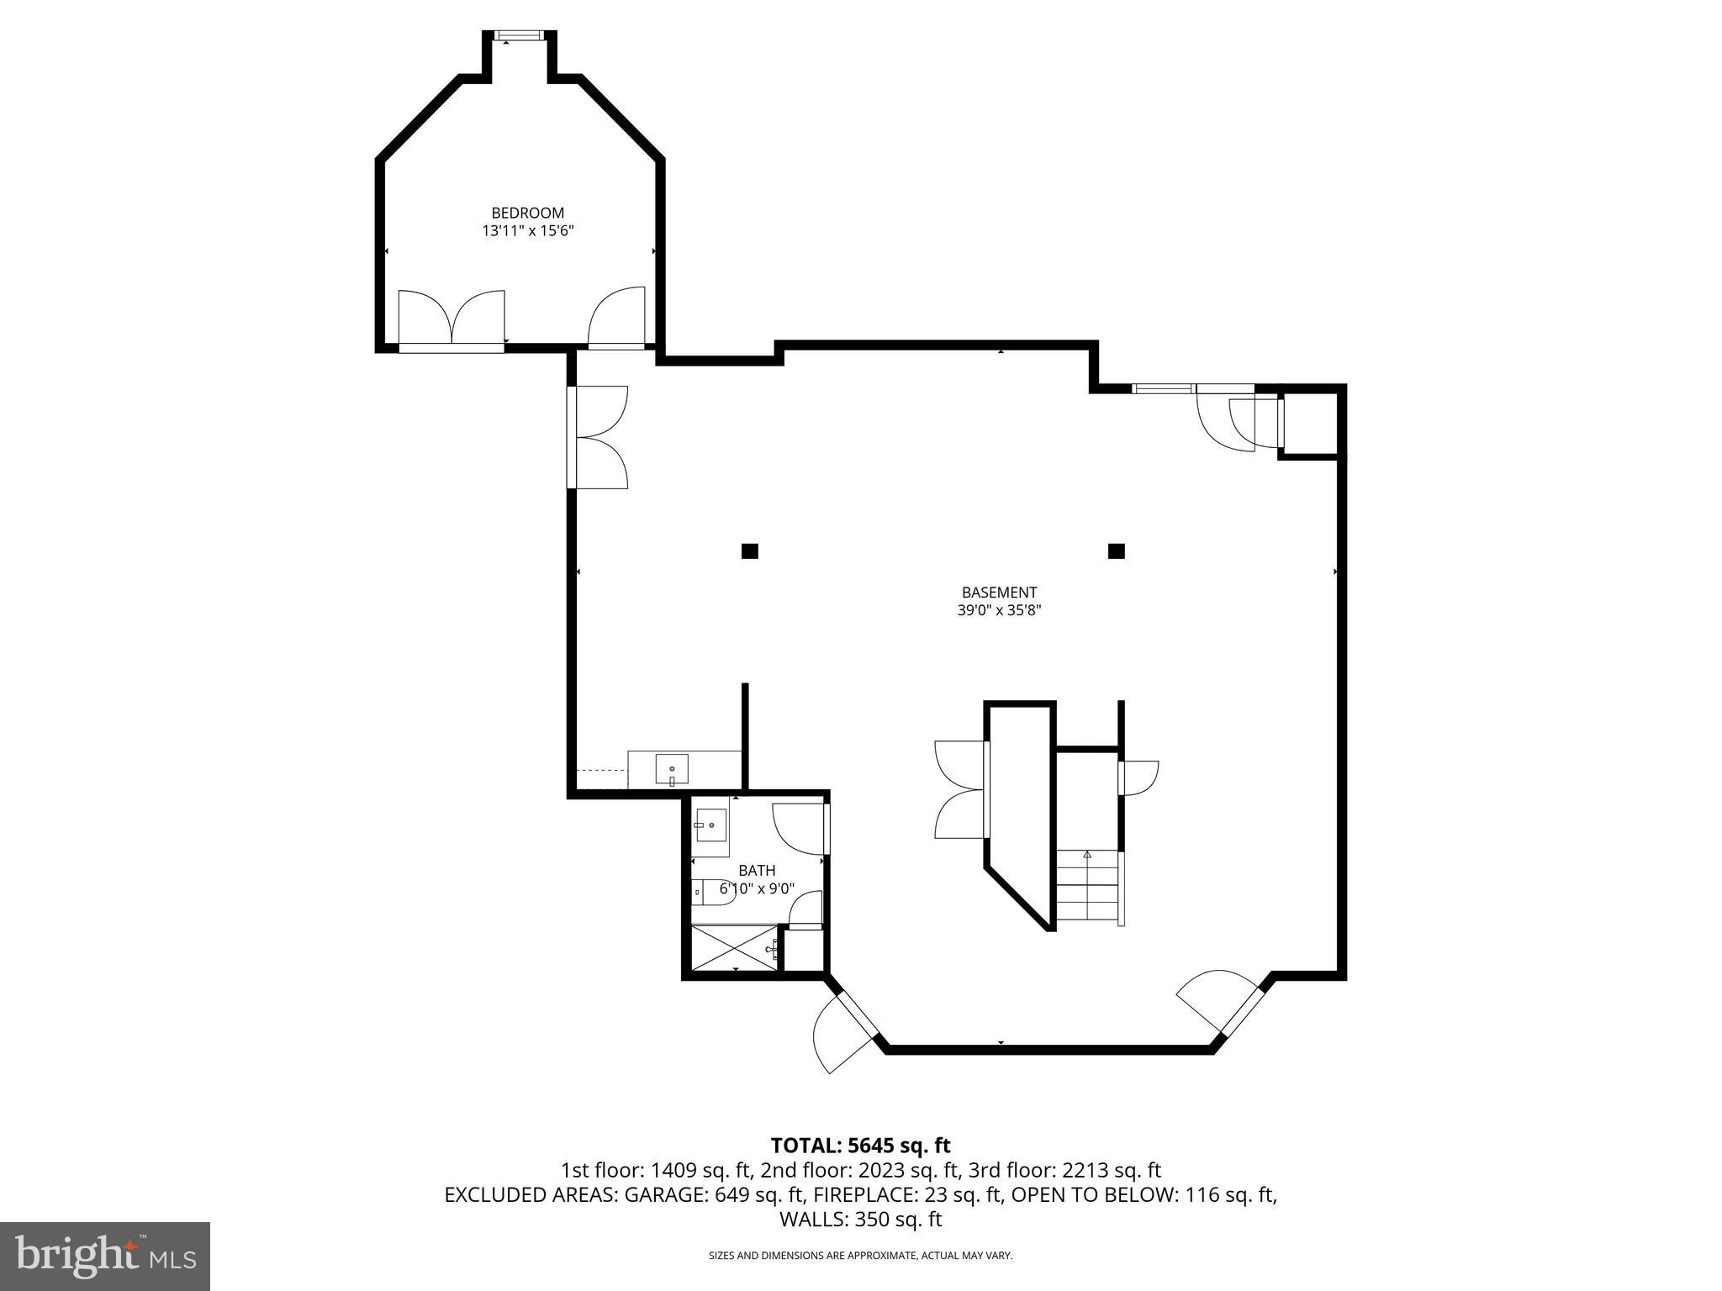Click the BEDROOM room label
point(527,213)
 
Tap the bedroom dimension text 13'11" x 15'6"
point(527,230)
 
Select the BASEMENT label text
point(999,593)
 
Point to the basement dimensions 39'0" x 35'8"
point(999,611)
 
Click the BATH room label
point(757,871)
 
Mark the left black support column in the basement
point(749,551)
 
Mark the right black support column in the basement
point(1116,551)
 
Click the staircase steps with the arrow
point(1087,887)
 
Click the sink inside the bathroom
point(710,825)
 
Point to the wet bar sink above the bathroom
point(672,769)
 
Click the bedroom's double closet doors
point(452,319)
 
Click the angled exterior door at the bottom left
point(843,1032)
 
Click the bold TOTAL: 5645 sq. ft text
point(860,1146)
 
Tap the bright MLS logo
point(104,1256)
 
